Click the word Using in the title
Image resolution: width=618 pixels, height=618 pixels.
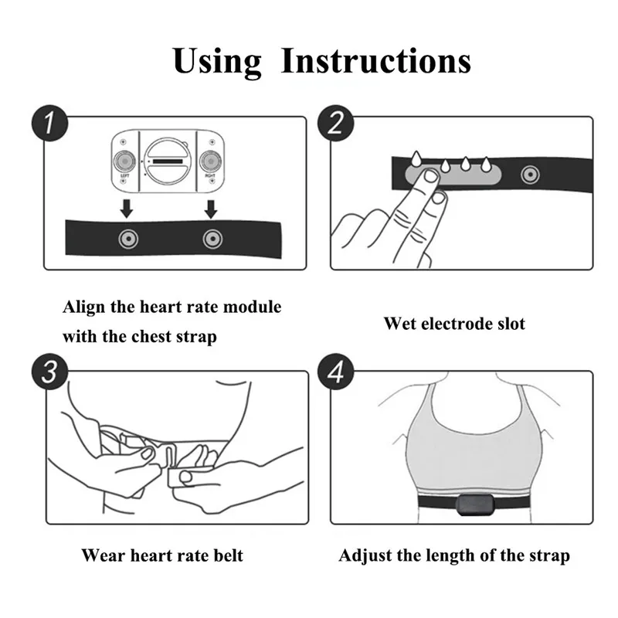217,60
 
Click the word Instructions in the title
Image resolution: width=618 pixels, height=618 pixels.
375,60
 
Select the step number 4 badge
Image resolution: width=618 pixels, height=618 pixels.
338,372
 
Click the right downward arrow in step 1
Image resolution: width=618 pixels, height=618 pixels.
209,205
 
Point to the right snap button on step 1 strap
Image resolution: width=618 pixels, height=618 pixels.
209,239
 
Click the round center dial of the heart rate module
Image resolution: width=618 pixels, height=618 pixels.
165,159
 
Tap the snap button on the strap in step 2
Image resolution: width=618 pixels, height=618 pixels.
528,174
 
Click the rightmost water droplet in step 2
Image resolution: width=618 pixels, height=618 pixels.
486,165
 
